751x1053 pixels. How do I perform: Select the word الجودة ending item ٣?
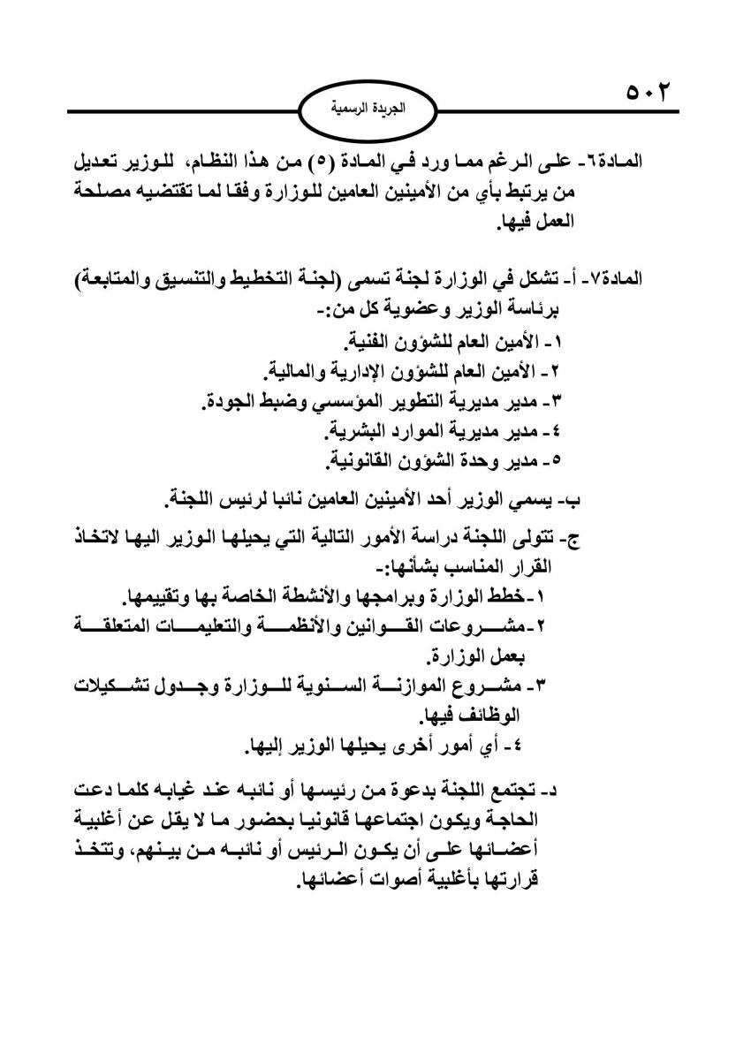226,400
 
